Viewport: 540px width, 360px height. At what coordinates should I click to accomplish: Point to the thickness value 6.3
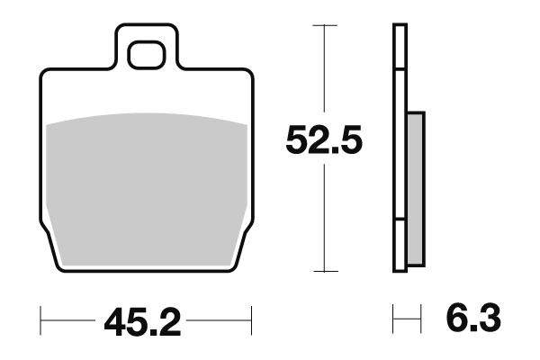[471, 319]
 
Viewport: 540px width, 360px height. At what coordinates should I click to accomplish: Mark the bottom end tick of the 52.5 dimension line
[324, 271]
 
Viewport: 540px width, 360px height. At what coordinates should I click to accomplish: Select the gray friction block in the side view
[415, 188]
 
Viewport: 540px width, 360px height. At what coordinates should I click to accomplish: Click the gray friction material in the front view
[146, 180]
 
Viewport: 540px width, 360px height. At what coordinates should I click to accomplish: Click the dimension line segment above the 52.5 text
[324, 72]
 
